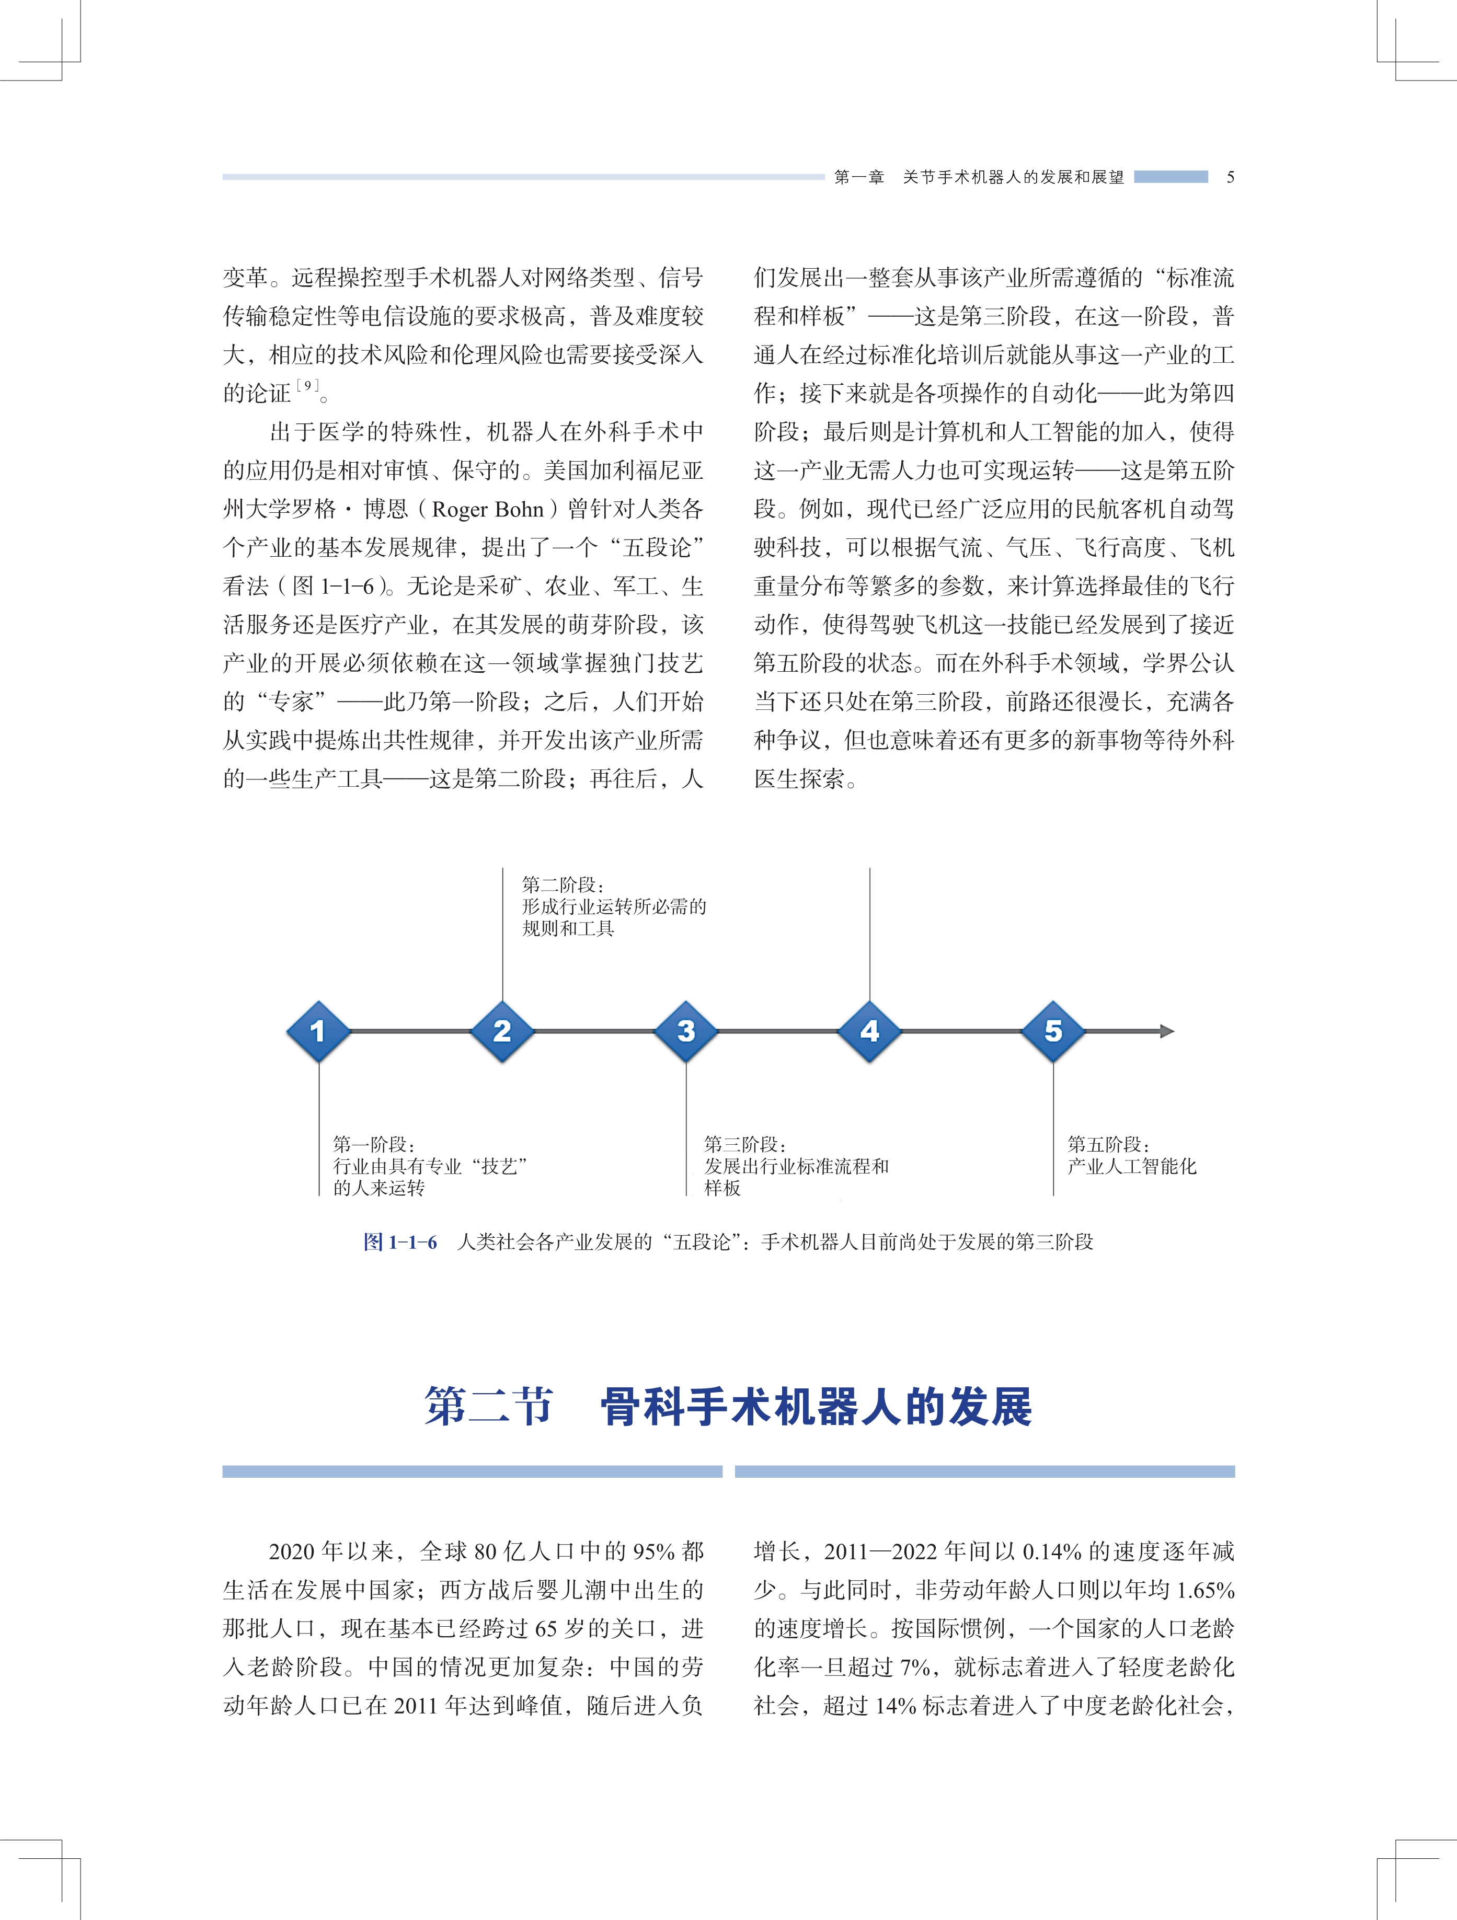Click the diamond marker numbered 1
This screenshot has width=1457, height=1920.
point(318,1031)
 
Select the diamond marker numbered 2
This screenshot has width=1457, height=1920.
point(502,1031)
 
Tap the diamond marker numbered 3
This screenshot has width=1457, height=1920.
point(686,1031)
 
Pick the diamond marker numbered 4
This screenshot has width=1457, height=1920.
point(869,1031)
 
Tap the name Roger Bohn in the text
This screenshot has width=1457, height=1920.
point(488,510)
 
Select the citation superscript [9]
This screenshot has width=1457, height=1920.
point(307,385)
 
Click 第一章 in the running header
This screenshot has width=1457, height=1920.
point(859,177)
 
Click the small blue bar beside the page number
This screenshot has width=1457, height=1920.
point(1171,177)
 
